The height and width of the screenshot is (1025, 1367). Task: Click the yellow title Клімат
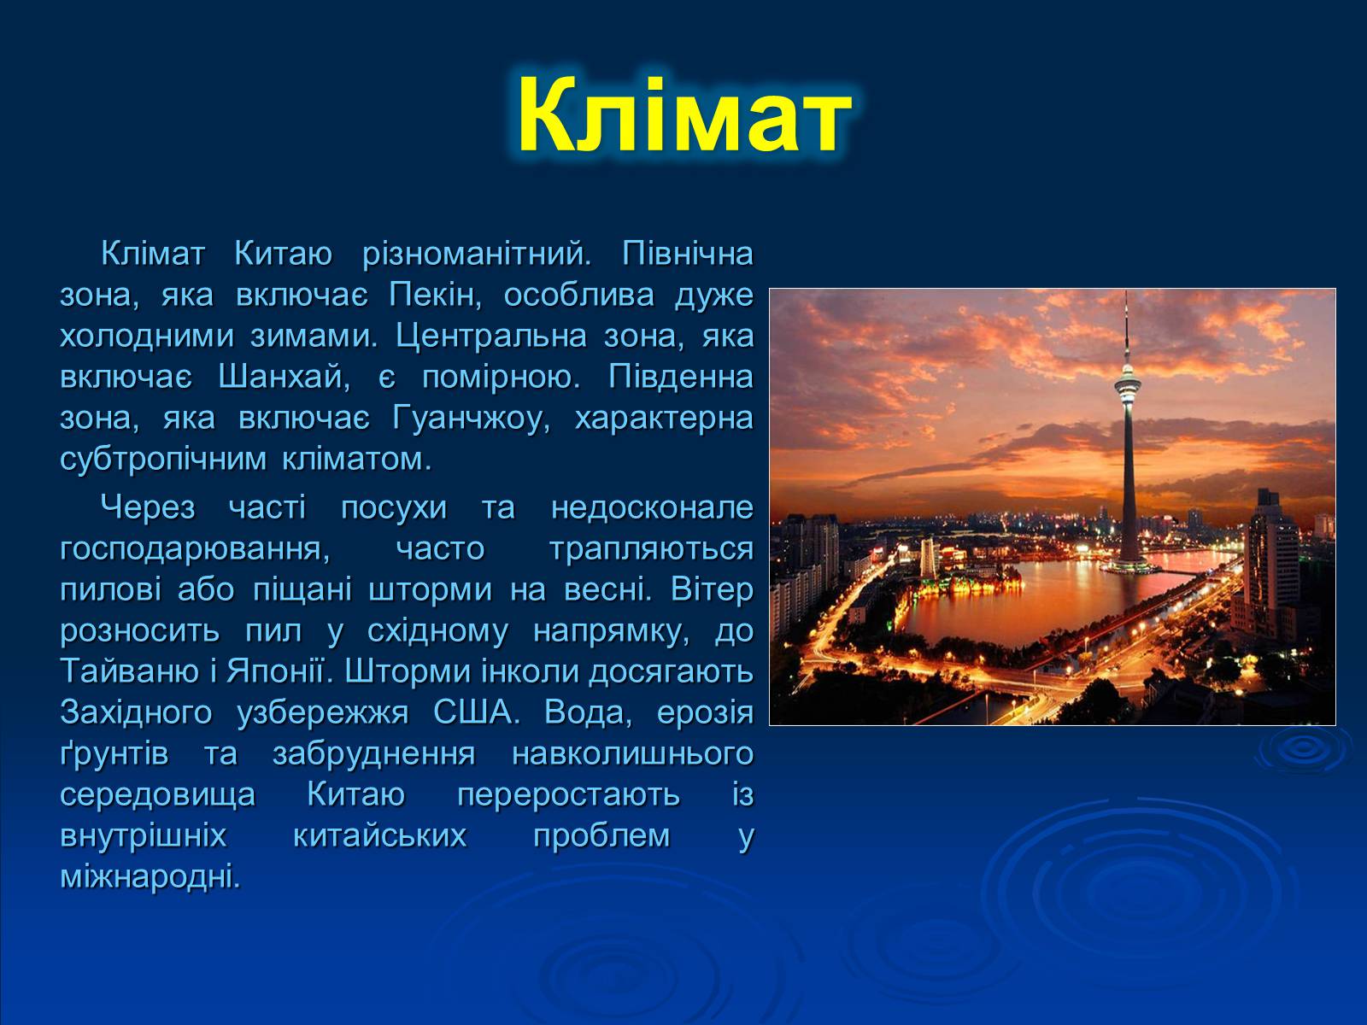(683, 116)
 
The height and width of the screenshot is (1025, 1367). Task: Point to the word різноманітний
(477, 255)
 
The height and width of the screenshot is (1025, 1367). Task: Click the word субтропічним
(164, 460)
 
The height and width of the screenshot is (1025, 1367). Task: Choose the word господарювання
(195, 549)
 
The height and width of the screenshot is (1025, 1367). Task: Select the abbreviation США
(476, 713)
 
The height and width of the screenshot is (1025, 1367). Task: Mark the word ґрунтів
(114, 754)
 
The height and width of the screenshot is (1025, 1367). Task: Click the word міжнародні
(150, 877)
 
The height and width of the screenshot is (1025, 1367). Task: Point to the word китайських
(379, 836)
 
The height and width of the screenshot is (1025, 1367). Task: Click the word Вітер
(712, 590)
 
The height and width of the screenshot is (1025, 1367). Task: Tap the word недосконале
(652, 508)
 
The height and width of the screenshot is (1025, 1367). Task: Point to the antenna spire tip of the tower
(1127, 291)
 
